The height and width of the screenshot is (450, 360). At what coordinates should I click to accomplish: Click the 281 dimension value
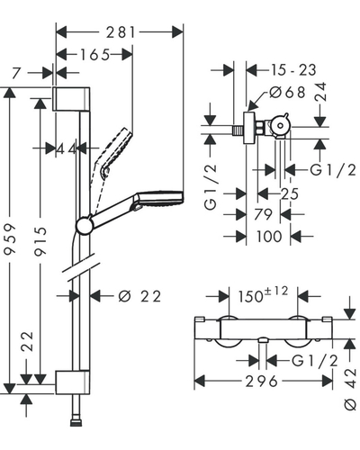[x=120, y=32]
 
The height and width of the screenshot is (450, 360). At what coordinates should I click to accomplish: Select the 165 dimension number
[x=94, y=55]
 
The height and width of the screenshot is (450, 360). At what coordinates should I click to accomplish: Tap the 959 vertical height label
[x=10, y=238]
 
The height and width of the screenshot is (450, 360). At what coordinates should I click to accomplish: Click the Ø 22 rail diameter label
[x=140, y=296]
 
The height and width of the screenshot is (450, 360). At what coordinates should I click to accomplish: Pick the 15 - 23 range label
[x=293, y=70]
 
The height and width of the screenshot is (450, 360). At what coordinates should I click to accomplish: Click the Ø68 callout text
[x=287, y=92]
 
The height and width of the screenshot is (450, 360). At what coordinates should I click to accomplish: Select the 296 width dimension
[x=262, y=382]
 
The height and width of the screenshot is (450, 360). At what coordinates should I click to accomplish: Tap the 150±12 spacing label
[x=263, y=294]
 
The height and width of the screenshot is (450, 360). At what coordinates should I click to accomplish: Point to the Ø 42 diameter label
[x=350, y=389]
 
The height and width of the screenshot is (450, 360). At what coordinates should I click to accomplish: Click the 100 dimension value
[x=269, y=237]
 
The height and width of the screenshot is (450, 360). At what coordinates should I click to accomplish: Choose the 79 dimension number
[x=263, y=214]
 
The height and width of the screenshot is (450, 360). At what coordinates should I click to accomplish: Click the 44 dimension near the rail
[x=67, y=148]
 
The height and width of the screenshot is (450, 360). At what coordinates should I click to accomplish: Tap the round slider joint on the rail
[x=85, y=225]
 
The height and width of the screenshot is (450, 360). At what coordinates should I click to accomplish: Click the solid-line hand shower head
[x=160, y=198]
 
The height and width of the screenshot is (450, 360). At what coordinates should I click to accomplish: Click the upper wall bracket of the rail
[x=71, y=99]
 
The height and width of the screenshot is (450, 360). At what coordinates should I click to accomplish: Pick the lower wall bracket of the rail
[x=72, y=382]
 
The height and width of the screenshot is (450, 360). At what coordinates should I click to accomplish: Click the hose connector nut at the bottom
[x=76, y=423]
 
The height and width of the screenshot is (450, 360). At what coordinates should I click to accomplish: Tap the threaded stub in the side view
[x=238, y=130]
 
